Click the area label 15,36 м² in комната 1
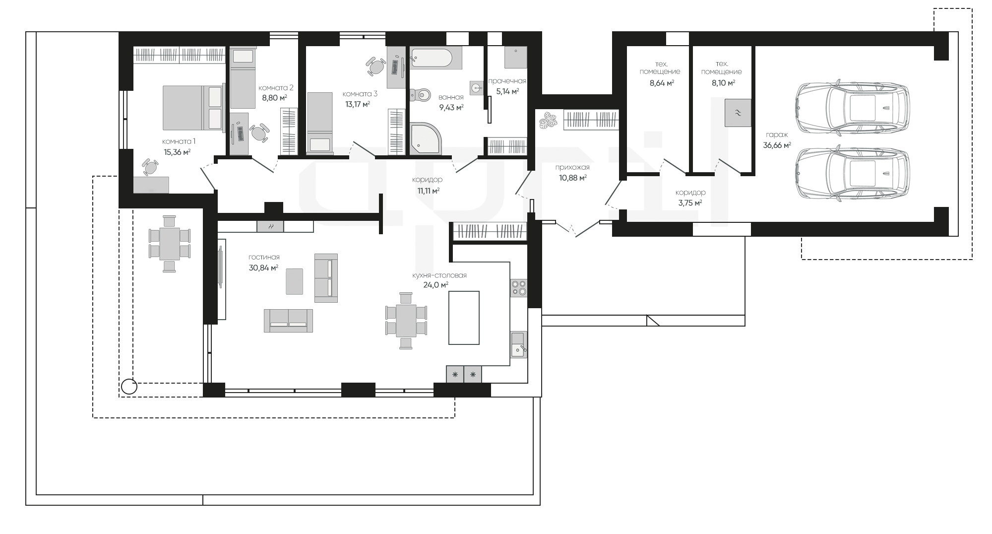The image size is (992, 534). coord(177,152)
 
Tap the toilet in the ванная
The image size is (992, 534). coord(420,94)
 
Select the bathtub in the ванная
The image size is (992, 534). coord(431,58)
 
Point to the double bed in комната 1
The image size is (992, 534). coord(192,108)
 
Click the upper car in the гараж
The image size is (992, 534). coord(853,108)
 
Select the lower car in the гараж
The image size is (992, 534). coord(853,175)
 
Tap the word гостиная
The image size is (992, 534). coord(264,257)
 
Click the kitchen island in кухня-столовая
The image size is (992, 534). coord(464,318)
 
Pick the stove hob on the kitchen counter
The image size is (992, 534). coord(519,288)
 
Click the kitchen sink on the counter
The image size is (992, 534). coord(519,344)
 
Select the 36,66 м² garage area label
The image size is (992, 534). coord(777,145)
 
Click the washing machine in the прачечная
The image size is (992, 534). coord(515,57)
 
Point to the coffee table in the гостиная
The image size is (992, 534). coord(294,281)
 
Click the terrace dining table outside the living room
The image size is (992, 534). coord(169,243)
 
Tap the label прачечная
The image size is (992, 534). coord(507,81)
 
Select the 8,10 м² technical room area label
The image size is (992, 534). coord(723,83)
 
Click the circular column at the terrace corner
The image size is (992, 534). coord(129,386)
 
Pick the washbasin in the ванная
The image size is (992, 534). coord(476,88)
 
